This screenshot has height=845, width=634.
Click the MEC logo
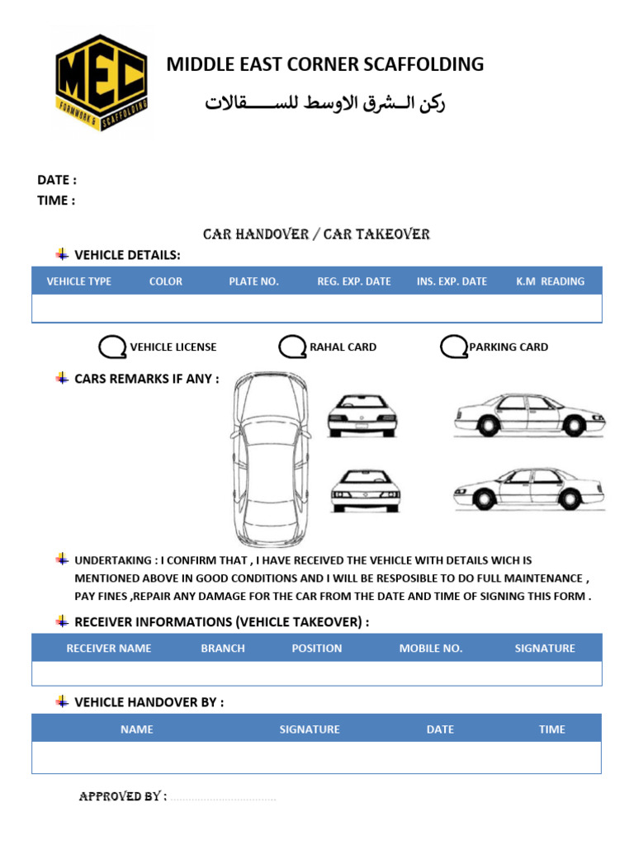102,80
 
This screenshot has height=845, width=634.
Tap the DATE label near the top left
56,180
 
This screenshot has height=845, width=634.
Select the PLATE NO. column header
253,281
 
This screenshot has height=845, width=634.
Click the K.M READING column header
550,281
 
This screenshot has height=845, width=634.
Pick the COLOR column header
166,281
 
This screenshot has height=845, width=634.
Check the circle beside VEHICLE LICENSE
111,347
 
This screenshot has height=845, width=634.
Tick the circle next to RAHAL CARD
292,347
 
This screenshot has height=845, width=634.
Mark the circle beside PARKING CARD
454,347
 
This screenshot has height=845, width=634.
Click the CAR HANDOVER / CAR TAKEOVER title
316,234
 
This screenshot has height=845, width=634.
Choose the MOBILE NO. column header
431,649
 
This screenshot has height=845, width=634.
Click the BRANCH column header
223,649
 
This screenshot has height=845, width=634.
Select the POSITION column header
316,649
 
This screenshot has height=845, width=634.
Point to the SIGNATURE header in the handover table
310,729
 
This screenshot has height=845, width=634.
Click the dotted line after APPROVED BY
223,798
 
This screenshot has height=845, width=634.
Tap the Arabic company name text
325,104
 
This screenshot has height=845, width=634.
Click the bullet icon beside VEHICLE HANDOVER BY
61,701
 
